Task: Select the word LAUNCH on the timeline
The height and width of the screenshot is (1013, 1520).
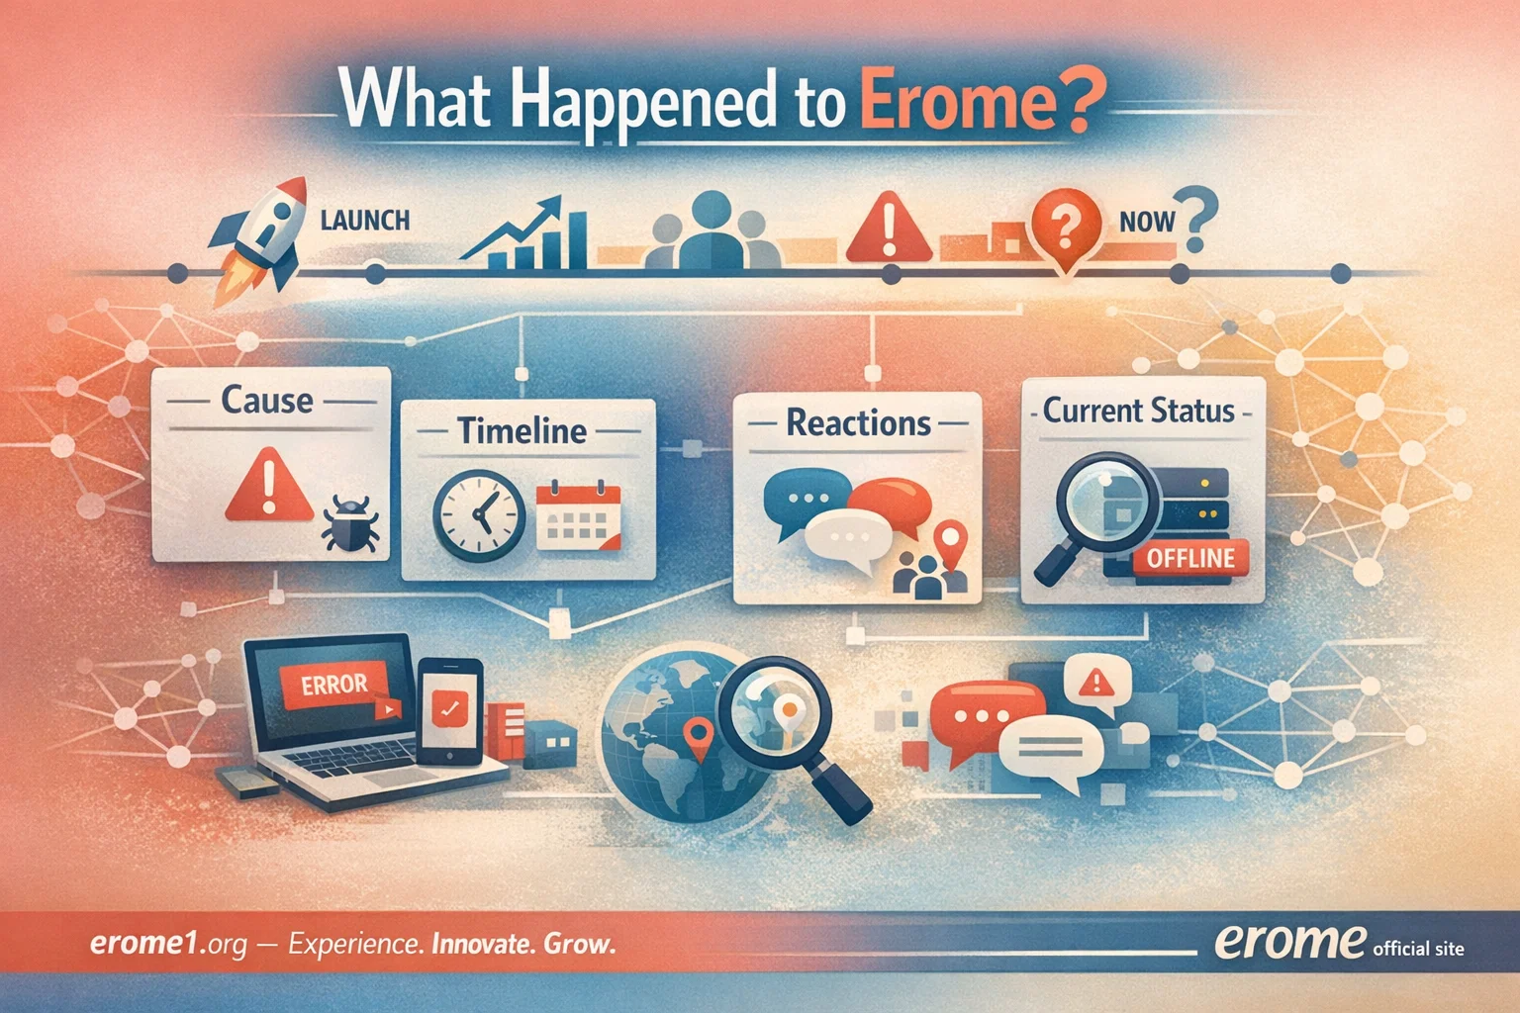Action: [x=365, y=219]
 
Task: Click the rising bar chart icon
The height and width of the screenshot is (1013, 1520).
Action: [x=525, y=233]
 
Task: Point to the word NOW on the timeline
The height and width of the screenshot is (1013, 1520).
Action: [x=1147, y=221]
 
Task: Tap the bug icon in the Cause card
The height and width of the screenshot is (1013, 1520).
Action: [x=350, y=523]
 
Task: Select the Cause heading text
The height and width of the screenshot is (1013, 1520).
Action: [x=266, y=401]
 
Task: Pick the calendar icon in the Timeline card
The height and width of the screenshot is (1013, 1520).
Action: [x=578, y=515]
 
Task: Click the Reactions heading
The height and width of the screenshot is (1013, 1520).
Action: [x=858, y=423]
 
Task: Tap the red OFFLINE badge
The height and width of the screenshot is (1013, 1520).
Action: [x=1190, y=558]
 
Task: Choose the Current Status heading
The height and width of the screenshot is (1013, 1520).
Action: [x=1139, y=411]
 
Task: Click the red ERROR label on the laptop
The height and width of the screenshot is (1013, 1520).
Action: [x=333, y=685]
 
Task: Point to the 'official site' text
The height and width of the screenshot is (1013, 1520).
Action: [x=1418, y=948]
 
